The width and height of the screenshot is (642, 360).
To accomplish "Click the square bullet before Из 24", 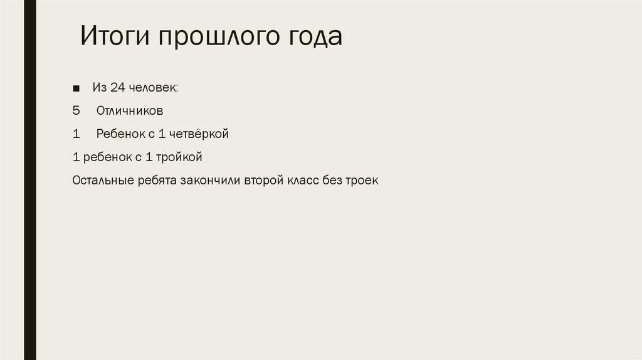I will (76, 88).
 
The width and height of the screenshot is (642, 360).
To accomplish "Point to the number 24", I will (118, 88).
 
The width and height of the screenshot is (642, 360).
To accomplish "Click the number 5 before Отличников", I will (76, 111).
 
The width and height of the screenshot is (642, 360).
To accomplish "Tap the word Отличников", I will (130, 111).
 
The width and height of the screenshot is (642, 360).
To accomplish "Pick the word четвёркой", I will (199, 134).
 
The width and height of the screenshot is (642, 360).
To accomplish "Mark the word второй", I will (264, 180).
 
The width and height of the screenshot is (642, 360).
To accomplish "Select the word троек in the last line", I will (362, 180).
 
